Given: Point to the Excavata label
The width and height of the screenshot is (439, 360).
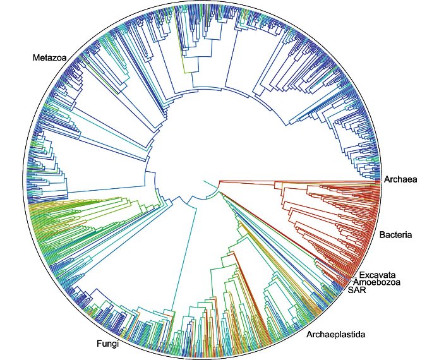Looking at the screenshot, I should coord(379,275).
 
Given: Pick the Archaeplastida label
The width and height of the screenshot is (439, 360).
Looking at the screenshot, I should coord(335,333).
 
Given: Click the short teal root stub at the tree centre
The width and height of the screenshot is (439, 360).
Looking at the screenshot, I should coord(208,184).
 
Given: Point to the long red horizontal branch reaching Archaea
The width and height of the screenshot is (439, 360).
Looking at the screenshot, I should coord(297,181).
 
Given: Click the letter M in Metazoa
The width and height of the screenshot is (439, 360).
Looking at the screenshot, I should coord(35,58).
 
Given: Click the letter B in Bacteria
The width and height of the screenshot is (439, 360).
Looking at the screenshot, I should coord(382,236).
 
